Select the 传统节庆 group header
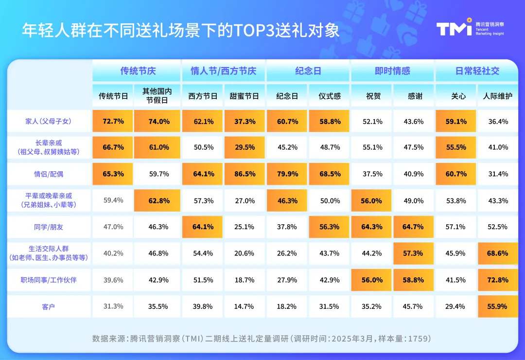(138, 71)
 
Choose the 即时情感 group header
(392, 71)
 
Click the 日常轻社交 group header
(477, 71)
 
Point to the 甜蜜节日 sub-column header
(244, 96)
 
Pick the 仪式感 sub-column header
(329, 96)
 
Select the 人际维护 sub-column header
(497, 96)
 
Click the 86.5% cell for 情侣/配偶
(244, 174)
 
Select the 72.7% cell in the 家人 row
(113, 121)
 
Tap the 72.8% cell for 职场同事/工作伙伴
(497, 280)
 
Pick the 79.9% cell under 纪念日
(287, 174)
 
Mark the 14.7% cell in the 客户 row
(244, 306)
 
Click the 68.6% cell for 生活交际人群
(497, 253)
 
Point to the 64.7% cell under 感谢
(414, 227)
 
